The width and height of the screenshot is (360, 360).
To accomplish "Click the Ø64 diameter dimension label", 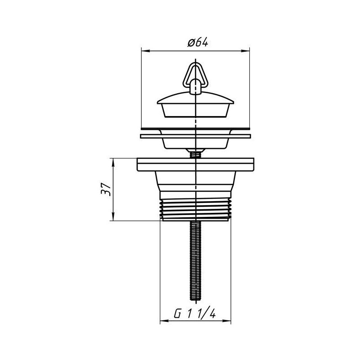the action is coord(198,43).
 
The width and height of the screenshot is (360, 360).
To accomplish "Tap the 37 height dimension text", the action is coord(106,189).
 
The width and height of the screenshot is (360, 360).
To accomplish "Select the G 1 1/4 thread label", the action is coord(195,313).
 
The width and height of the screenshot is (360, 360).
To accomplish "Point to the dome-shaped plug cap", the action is coord(196,98).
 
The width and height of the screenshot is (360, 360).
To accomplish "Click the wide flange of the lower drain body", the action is coord(195,165).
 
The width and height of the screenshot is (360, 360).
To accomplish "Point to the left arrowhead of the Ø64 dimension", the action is coord(145,51).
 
